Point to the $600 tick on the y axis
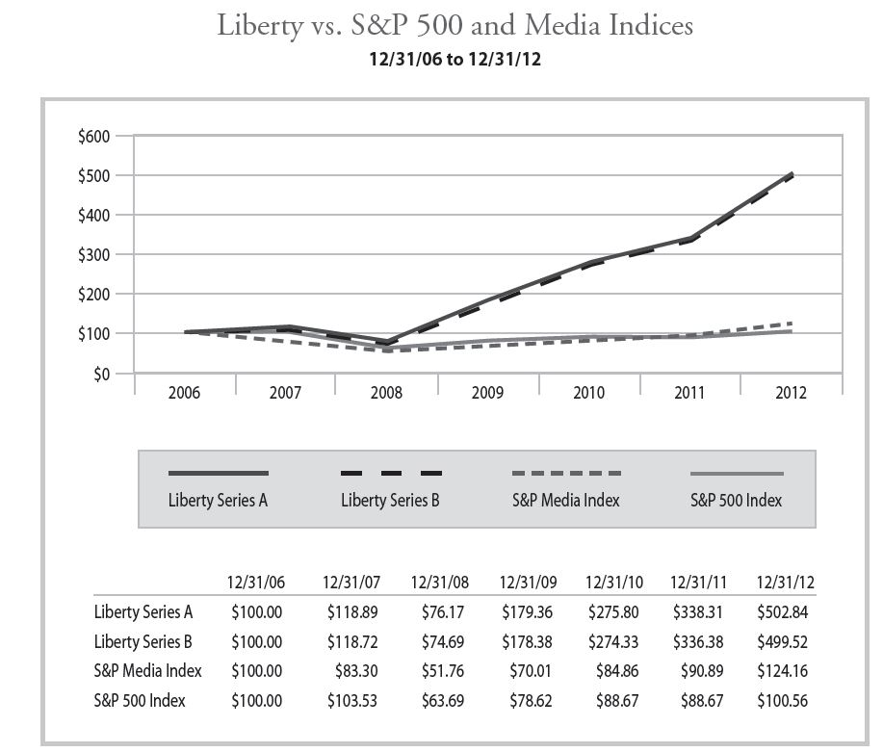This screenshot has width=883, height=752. click(x=95, y=137)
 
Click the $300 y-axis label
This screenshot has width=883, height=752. click(x=95, y=255)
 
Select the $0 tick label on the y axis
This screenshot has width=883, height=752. click(x=101, y=374)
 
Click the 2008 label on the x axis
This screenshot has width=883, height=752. click(x=387, y=393)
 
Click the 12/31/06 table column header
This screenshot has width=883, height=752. click(x=255, y=583)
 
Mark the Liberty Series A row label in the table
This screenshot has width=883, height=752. click(x=143, y=611)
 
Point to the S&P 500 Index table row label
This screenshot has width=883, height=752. click(x=140, y=700)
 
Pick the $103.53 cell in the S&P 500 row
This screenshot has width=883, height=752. click(x=351, y=700)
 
